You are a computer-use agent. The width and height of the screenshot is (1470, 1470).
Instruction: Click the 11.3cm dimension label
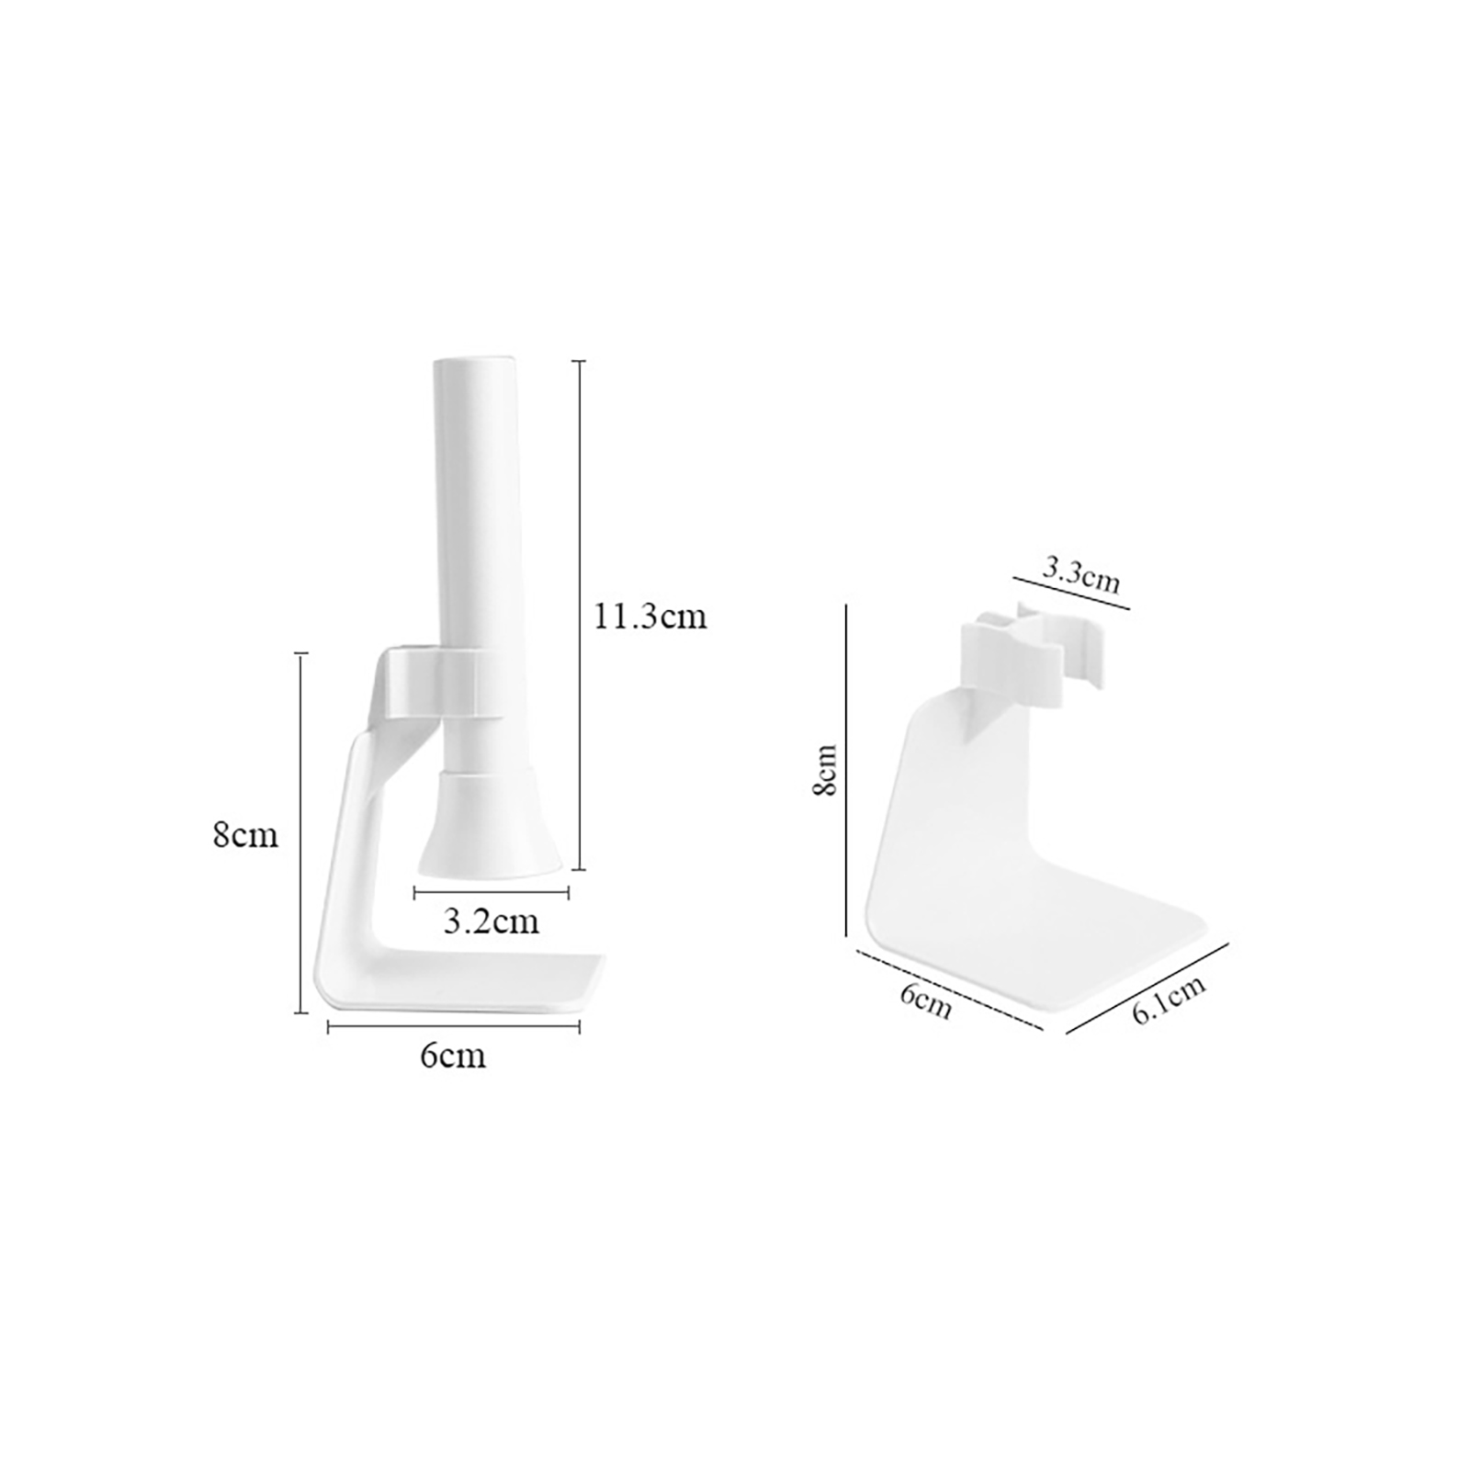click(650, 616)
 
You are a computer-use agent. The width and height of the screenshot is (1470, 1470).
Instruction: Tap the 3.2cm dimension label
click(492, 921)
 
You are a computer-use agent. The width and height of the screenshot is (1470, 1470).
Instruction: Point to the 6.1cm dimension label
click(1169, 1001)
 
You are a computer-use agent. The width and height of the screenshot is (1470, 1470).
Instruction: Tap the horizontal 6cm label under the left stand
click(452, 1056)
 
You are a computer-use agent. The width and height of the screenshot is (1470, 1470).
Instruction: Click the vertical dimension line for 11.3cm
click(579, 615)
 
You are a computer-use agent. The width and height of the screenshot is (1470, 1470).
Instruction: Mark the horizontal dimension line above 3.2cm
click(492, 891)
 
